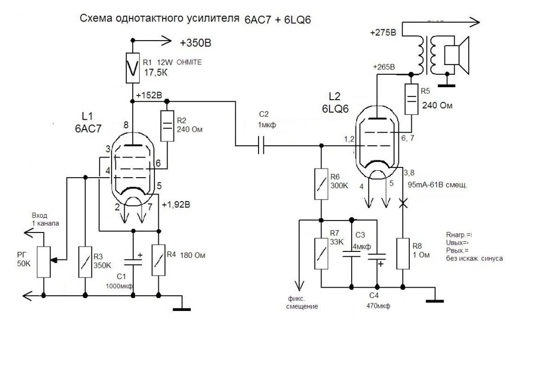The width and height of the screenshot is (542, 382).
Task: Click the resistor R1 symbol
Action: (132, 68)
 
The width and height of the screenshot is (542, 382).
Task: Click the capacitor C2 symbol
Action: (261, 145)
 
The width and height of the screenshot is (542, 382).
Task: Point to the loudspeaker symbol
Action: (455, 55)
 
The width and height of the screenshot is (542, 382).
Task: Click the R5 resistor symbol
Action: (411, 99)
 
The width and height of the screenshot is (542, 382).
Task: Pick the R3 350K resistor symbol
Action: (85, 262)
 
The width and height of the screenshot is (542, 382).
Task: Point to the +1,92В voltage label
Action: (177, 205)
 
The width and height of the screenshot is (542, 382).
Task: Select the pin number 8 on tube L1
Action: (126, 126)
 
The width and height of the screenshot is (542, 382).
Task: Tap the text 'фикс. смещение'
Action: (300, 302)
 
